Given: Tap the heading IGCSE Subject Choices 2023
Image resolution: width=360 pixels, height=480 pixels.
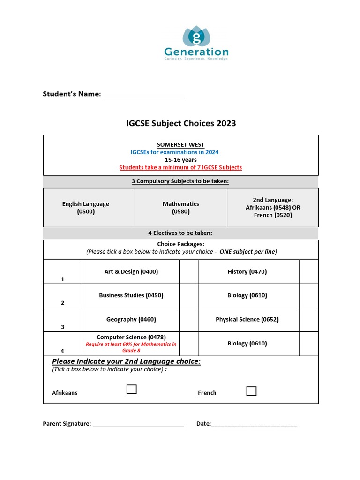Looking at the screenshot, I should tap(181, 124).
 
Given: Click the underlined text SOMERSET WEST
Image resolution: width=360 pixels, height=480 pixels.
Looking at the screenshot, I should tap(180, 145).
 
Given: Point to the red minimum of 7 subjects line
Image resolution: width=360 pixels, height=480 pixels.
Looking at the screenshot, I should tap(180, 167).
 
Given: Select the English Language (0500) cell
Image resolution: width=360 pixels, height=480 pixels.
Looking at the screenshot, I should tap(86, 208).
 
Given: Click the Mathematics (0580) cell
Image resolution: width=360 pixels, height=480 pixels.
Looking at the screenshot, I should tap(181, 208).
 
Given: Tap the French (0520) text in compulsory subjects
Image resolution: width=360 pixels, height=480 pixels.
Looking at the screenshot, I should tap(272, 215).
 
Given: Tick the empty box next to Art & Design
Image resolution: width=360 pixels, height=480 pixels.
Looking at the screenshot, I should tap(188, 272).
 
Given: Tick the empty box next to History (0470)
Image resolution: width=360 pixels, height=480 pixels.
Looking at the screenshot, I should tap(308, 272).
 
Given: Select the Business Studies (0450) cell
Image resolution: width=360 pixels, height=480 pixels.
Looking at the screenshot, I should tap(131, 295).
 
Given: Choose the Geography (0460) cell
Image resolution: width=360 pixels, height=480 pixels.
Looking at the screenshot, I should tap(131, 319).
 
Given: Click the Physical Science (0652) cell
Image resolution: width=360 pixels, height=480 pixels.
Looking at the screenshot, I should tap(247, 319).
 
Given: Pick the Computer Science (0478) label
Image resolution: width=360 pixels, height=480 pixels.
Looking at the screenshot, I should tap(131, 337).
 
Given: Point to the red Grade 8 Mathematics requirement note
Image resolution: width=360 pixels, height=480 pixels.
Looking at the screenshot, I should tap(131, 347).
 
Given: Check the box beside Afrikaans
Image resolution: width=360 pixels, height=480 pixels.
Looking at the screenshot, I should tap(132, 389).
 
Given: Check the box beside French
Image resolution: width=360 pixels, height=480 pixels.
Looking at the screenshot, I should tap(251, 391).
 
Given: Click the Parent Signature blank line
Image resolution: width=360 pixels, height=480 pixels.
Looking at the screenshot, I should tap(138, 425).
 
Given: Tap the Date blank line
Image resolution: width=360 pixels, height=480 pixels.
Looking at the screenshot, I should tap(254, 425).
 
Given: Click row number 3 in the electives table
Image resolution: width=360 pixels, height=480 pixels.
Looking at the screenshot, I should tap(63, 327).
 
